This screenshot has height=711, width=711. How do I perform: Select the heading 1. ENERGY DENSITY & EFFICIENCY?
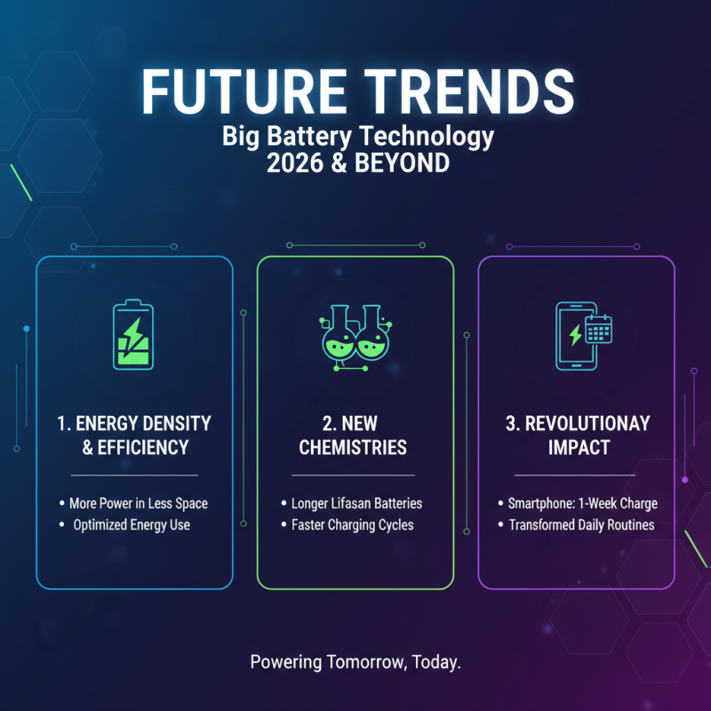tap(133, 435)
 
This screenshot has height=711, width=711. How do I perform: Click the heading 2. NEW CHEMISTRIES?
tap(354, 435)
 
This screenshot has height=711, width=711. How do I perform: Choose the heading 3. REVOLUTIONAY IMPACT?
tap(577, 435)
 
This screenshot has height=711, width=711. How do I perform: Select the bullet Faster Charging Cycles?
tap(353, 524)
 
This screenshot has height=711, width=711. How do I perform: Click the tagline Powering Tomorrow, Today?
tap(355, 662)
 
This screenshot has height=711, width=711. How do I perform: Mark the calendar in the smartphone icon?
tap(597, 330)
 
